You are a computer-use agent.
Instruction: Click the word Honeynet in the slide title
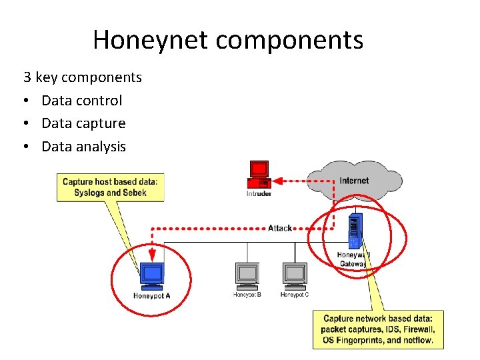(x=151, y=40)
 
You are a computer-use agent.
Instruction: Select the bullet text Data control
(x=81, y=101)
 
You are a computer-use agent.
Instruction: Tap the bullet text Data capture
(x=83, y=123)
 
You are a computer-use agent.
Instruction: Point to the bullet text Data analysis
(x=83, y=147)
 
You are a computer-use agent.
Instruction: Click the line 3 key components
(x=83, y=77)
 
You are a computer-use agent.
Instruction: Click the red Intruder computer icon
(x=259, y=174)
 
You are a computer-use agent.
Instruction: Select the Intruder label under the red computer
(x=259, y=195)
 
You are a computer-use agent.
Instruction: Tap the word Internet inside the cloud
(x=353, y=181)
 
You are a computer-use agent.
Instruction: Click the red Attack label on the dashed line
(x=280, y=228)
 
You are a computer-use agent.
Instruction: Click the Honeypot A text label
(x=152, y=296)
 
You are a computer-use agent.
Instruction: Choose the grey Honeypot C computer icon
(x=294, y=274)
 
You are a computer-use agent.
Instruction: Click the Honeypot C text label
(x=294, y=295)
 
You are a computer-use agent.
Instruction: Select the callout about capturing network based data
(x=377, y=329)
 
